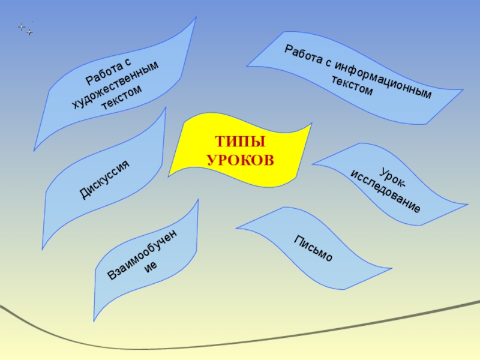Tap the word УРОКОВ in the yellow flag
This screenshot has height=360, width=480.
[x=240, y=160]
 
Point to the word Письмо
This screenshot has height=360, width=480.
[x=313, y=248]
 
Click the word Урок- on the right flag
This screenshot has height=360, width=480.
[x=397, y=178]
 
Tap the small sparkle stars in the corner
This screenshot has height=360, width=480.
[x=25, y=28]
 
